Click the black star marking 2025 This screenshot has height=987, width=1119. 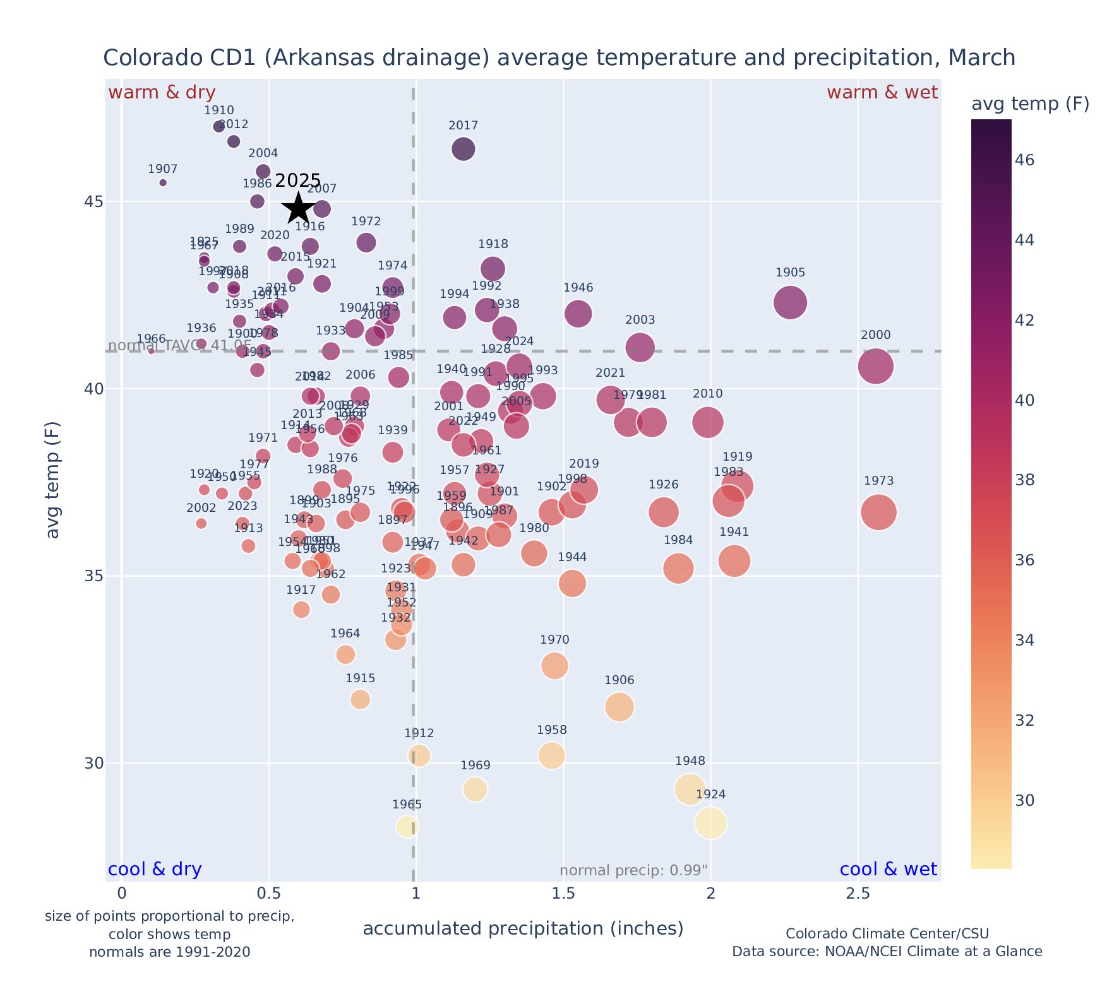[x=299, y=208]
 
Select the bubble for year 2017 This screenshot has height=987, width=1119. [x=464, y=150]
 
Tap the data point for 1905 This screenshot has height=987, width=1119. [x=790, y=302]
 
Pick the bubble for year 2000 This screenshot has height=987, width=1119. [x=876, y=366]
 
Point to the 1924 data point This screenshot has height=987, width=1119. [x=711, y=823]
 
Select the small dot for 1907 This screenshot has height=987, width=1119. [x=163, y=183]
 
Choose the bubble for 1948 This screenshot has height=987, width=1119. [x=690, y=789]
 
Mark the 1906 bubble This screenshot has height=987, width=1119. [x=619, y=707]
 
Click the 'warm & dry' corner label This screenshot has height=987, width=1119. [x=162, y=93]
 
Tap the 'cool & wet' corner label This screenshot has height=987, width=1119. [x=889, y=870]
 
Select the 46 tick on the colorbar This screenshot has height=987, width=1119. [x=1026, y=160]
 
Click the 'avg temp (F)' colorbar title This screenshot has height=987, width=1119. [x=1030, y=104]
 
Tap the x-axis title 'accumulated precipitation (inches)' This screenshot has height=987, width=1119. [x=523, y=928]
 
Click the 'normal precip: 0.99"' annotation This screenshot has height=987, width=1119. [x=633, y=871]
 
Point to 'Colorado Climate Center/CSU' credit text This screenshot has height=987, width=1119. [x=887, y=933]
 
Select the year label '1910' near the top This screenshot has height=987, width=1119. [x=219, y=110]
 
